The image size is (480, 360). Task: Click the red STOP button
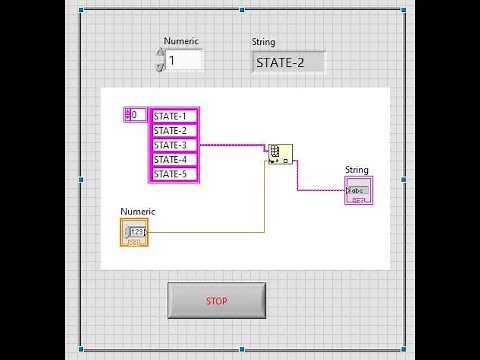pos(216,300)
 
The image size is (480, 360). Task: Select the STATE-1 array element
pos(175,116)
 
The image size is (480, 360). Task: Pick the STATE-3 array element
pos(175,145)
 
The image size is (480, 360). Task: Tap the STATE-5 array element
pos(175,174)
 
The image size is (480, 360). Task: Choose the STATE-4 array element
pos(175,160)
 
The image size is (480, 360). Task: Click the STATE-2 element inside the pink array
pos(175,130)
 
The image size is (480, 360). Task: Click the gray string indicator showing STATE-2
pos(288,62)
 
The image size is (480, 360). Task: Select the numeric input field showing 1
pos(183,61)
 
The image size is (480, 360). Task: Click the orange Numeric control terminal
pos(134,232)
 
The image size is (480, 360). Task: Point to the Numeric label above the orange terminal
pos(138,211)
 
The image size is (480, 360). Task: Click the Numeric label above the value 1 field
pos(181,42)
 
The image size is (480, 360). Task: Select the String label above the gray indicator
pos(263,42)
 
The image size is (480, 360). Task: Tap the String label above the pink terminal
pos(356,170)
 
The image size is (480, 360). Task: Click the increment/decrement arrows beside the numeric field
pos(160,61)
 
